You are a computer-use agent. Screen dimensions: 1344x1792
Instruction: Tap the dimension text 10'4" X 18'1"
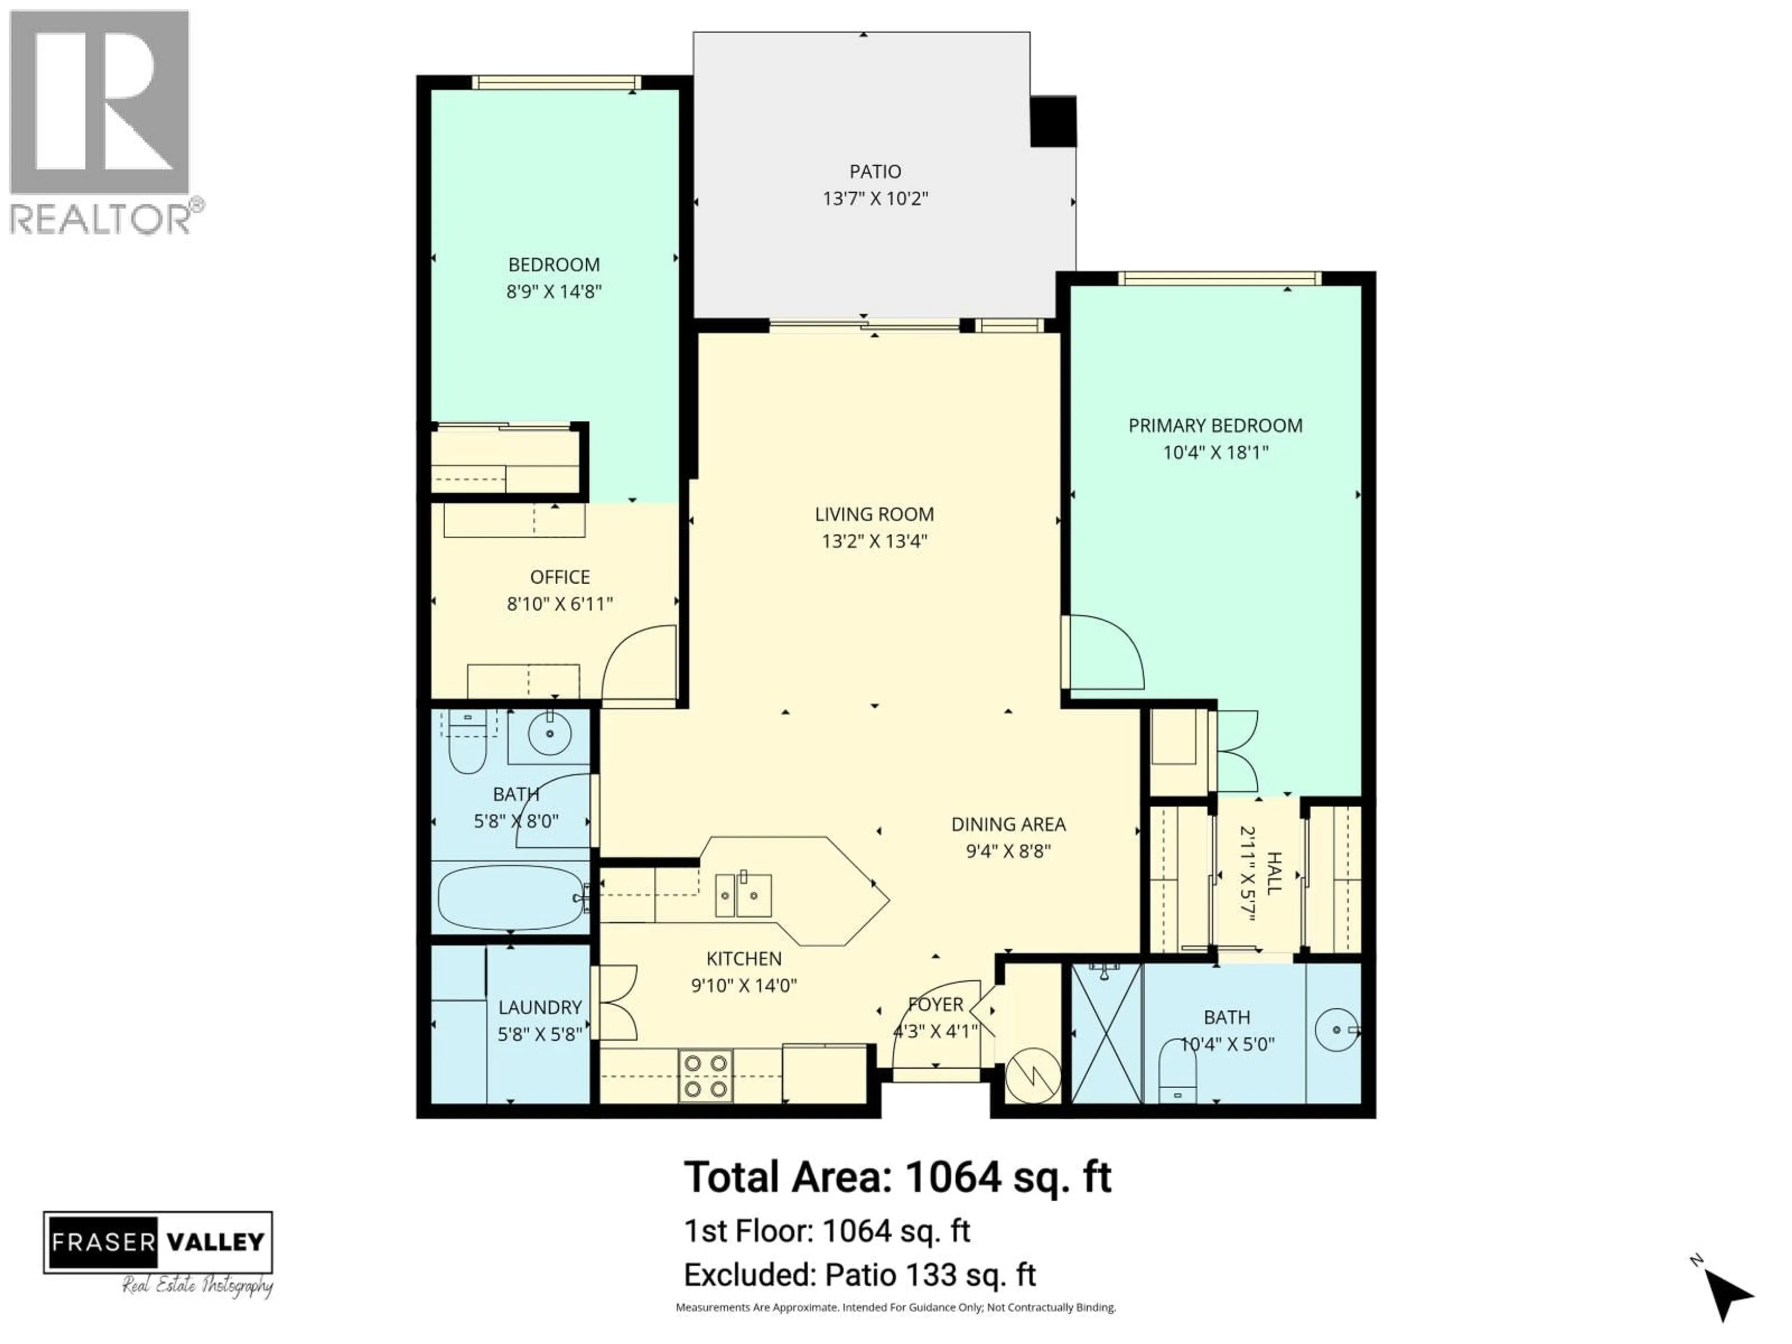(1215, 452)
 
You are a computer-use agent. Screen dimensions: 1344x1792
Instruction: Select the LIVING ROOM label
(874, 514)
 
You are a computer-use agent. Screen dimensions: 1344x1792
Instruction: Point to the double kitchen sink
(743, 895)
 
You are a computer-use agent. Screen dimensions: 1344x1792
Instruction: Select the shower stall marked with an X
(1106, 1032)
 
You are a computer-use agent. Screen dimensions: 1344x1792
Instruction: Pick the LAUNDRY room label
(539, 1007)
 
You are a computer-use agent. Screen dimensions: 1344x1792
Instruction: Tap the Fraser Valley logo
(158, 1242)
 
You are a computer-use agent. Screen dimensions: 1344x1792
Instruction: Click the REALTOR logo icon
(100, 102)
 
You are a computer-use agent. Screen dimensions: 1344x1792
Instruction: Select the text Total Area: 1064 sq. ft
(897, 1177)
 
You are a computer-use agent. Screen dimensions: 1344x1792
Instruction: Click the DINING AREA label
(1008, 824)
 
